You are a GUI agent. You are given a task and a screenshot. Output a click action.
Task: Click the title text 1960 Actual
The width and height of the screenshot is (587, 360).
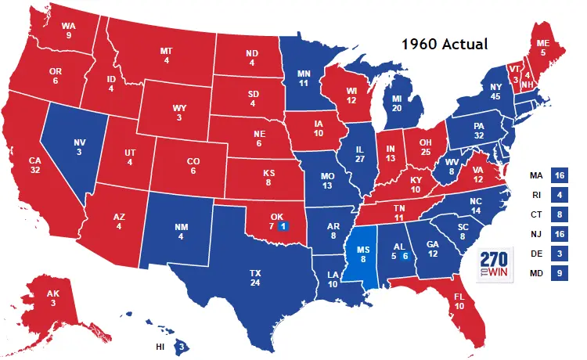coord(445,45)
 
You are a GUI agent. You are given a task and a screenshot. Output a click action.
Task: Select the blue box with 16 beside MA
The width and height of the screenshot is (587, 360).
coord(559,175)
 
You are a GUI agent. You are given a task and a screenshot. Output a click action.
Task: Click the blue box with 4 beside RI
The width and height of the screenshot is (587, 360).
coord(559,194)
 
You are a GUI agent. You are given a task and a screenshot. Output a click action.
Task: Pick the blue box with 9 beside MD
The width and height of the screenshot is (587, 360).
coord(559,274)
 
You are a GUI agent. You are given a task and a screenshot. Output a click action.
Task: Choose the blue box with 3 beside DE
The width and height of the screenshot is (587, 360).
coord(559,254)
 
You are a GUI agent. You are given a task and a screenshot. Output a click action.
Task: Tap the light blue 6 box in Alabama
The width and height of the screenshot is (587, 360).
coord(405,256)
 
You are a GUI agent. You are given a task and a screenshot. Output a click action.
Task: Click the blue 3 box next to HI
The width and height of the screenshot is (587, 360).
coord(182,346)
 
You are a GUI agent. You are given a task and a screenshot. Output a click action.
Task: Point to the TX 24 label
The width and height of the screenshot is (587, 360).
coord(255,278)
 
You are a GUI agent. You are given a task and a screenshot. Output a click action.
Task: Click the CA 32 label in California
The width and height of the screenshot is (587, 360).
coord(34,166)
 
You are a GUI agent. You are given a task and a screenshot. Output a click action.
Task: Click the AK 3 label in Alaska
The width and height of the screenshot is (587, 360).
coord(54,299)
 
